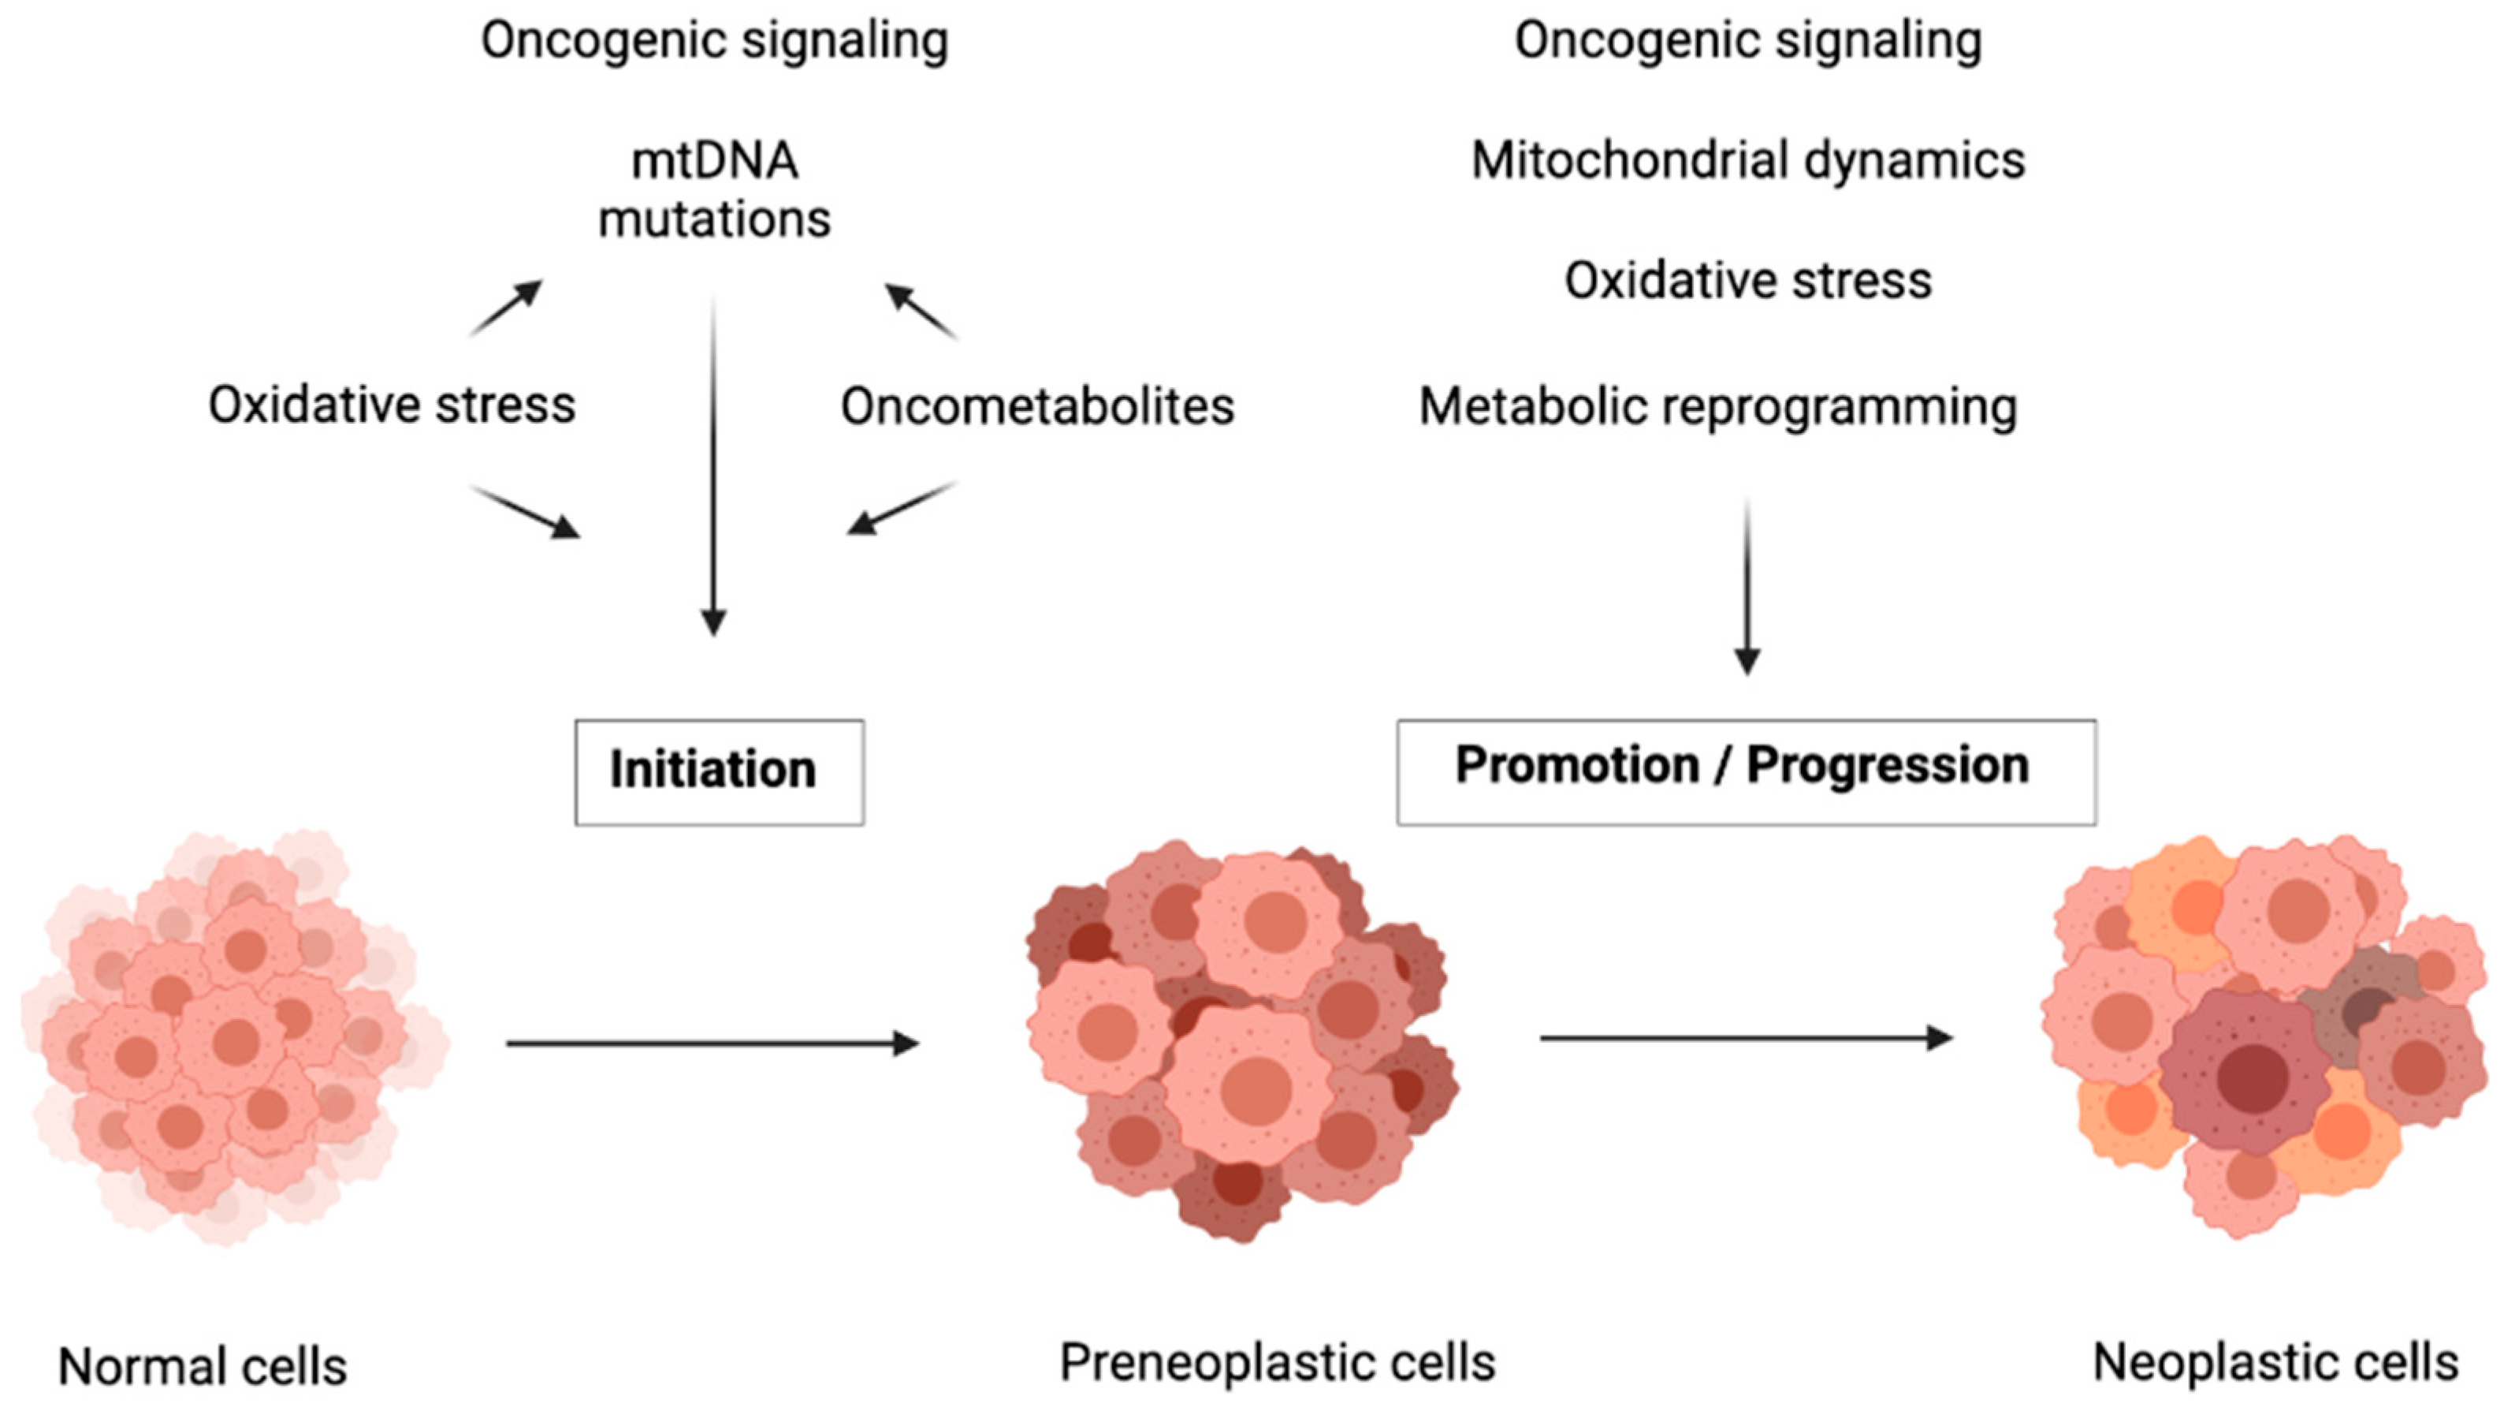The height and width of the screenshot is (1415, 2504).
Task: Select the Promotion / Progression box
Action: click(x=1746, y=772)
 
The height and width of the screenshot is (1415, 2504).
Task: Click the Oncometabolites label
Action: click(x=1037, y=405)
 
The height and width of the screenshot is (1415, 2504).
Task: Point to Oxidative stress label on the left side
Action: click(x=392, y=405)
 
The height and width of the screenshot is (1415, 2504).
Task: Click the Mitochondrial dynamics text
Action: click(x=1747, y=160)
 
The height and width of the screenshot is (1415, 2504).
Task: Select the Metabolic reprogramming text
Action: click(x=1717, y=405)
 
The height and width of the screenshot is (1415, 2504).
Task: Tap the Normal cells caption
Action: click(x=203, y=1366)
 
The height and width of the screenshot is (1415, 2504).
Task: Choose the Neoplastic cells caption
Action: click(x=2275, y=1361)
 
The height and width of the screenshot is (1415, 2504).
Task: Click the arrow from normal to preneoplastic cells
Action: click(x=713, y=1044)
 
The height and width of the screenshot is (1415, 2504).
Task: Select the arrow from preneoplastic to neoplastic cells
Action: click(x=1746, y=1039)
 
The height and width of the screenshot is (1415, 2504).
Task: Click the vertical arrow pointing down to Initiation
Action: click(x=713, y=467)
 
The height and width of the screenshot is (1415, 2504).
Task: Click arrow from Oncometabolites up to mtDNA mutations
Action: click(x=921, y=312)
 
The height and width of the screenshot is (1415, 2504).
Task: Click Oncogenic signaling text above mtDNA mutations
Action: click(x=714, y=41)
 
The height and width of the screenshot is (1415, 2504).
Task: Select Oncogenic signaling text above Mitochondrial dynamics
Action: click(x=1747, y=41)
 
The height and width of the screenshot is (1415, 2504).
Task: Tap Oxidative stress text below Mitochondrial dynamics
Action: click(x=1747, y=281)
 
